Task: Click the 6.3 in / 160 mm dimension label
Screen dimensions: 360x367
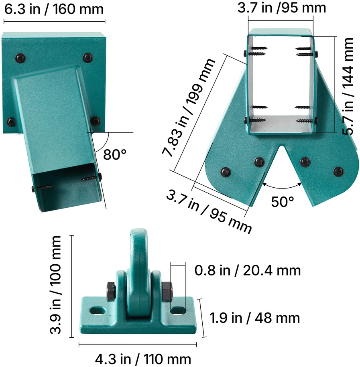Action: pos(54,9)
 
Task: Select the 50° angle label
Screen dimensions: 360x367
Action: pos(282,201)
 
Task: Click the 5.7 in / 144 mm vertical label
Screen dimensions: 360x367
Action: pos(348,86)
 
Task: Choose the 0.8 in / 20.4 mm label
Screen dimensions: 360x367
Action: pos(248,270)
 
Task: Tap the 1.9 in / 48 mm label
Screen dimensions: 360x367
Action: pos(254,318)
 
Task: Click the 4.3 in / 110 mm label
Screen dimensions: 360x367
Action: pos(143,359)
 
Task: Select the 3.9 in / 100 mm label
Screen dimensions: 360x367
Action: pos(55,285)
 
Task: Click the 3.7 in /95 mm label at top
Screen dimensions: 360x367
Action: pos(282,8)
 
